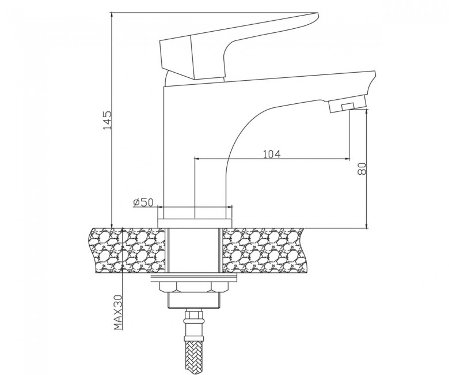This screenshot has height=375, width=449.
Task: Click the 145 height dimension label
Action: click(x=108, y=120)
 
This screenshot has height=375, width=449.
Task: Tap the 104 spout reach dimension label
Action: click(x=272, y=154)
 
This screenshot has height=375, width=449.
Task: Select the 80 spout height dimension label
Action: click(x=362, y=168)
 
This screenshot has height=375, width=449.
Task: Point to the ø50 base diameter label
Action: click(x=143, y=202)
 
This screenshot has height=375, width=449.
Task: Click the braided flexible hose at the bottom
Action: click(x=195, y=357)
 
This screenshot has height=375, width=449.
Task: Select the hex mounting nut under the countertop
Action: click(x=195, y=287)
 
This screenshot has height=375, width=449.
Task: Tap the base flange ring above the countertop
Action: click(x=195, y=223)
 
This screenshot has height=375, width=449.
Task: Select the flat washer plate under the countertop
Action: click(x=194, y=277)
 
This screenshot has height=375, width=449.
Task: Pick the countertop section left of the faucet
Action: click(x=127, y=250)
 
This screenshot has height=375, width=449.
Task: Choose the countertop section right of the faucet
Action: click(x=264, y=250)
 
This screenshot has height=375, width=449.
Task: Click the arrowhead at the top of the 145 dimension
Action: click(x=112, y=14)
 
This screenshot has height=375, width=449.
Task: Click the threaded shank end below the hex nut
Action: click(x=195, y=301)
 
